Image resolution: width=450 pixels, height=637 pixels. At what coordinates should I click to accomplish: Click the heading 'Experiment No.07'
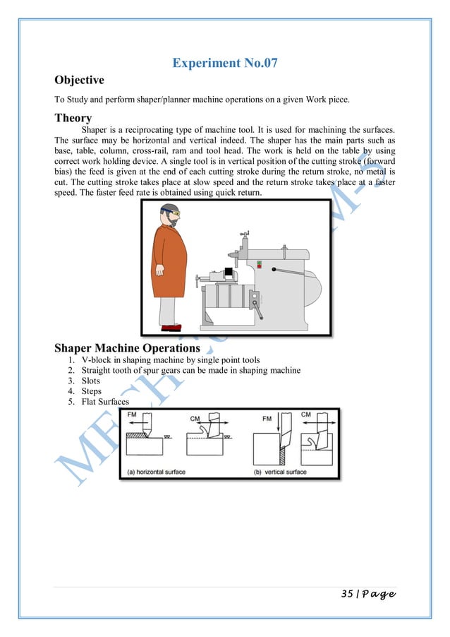point(224,64)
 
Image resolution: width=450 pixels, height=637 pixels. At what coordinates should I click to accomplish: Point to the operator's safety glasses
point(174,212)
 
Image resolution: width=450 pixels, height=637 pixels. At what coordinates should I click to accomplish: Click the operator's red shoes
point(171,327)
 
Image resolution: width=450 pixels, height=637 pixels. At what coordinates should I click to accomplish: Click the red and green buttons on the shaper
point(260,266)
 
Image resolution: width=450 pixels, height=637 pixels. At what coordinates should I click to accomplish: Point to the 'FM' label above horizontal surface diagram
point(133,416)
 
